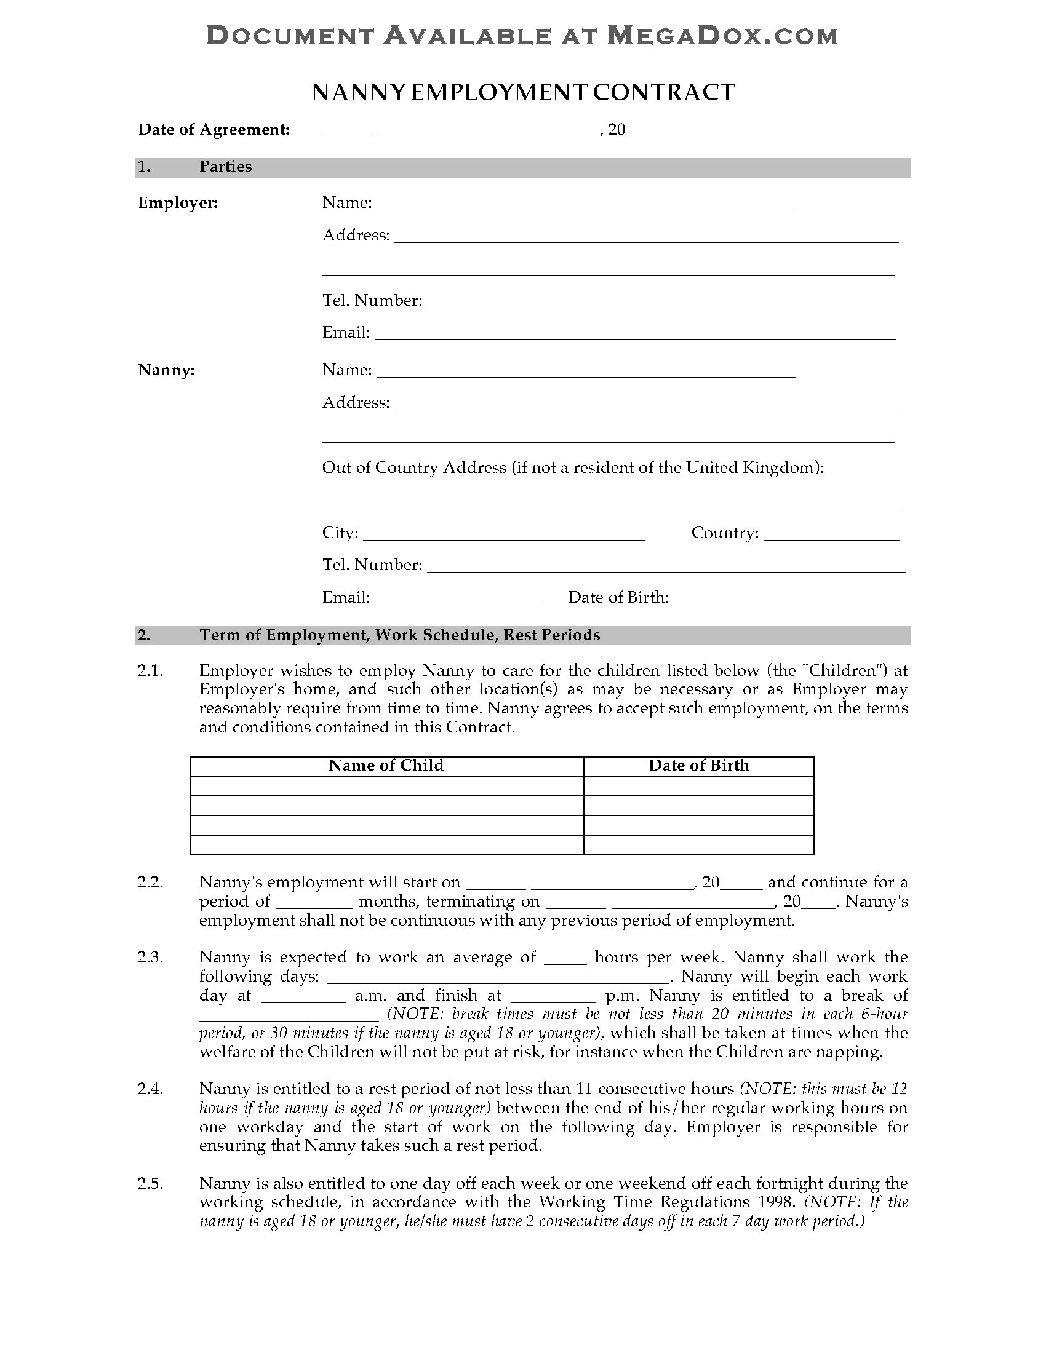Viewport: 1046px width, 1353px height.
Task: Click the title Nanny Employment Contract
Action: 522,92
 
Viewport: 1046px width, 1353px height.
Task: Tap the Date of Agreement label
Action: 214,130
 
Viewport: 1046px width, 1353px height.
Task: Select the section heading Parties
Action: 226,167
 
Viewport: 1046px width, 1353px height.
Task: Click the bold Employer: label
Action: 178,203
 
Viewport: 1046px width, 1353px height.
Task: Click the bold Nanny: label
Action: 166,370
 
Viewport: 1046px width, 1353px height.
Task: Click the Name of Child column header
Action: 386,766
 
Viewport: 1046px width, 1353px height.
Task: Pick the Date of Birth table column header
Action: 698,766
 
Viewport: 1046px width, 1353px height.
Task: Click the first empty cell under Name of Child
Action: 386,786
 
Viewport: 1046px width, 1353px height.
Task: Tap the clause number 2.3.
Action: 150,957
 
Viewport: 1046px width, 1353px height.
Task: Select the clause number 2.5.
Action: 150,1183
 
